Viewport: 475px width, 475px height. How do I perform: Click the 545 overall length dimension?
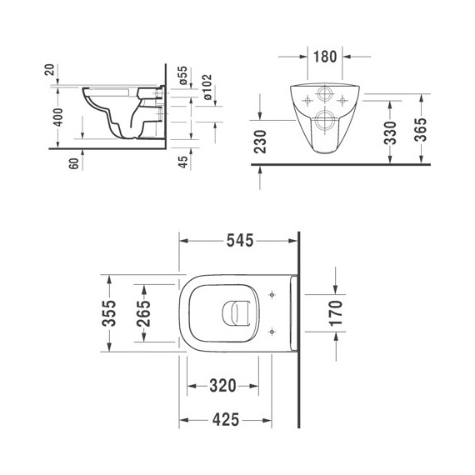click(x=238, y=240)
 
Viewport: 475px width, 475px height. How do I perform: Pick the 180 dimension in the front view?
click(x=324, y=57)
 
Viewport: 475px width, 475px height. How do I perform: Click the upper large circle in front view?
click(x=324, y=93)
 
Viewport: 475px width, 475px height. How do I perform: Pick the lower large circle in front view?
click(x=324, y=120)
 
